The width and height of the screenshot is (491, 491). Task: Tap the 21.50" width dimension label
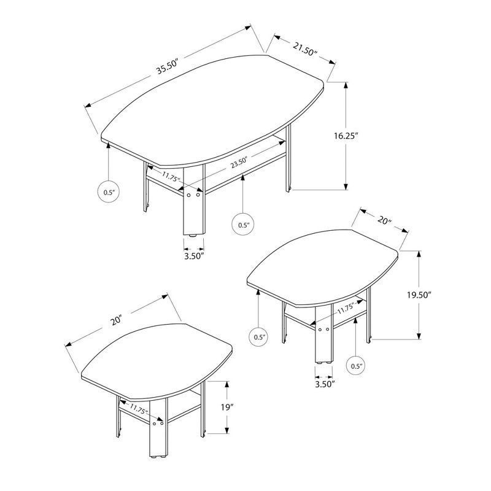coord(304,47)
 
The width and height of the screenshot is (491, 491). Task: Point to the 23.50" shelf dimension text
coord(239,163)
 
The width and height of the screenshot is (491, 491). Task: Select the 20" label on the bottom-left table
coord(118,320)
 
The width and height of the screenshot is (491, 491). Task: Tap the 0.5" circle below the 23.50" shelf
coord(244,225)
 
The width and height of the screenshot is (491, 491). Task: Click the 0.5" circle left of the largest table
coord(109,192)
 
